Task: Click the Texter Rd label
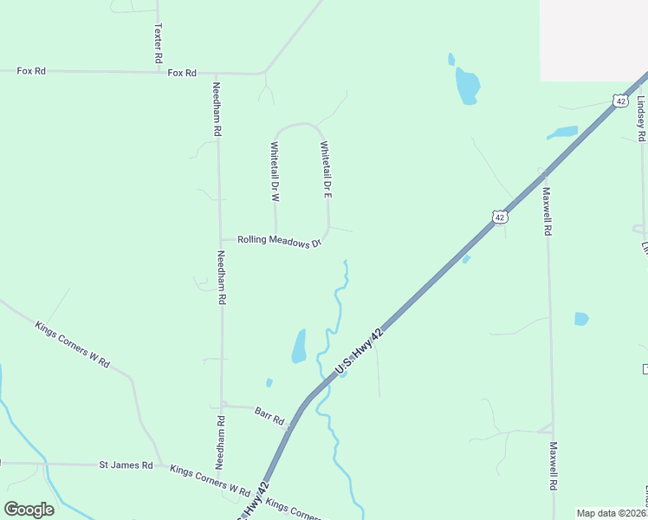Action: (x=159, y=42)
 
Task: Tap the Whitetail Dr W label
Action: (x=275, y=171)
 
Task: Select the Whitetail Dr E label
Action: (x=326, y=170)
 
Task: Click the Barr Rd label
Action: (x=269, y=414)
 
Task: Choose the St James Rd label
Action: (x=126, y=465)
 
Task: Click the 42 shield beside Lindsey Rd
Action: (x=620, y=101)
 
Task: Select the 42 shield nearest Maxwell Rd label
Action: (x=499, y=217)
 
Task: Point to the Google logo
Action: (x=29, y=510)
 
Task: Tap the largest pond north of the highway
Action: (x=468, y=86)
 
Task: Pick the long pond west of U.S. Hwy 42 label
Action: (x=299, y=346)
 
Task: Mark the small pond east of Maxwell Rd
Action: (x=581, y=319)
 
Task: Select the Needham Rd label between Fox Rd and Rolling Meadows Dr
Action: (x=217, y=108)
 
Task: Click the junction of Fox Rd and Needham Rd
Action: (x=216, y=73)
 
